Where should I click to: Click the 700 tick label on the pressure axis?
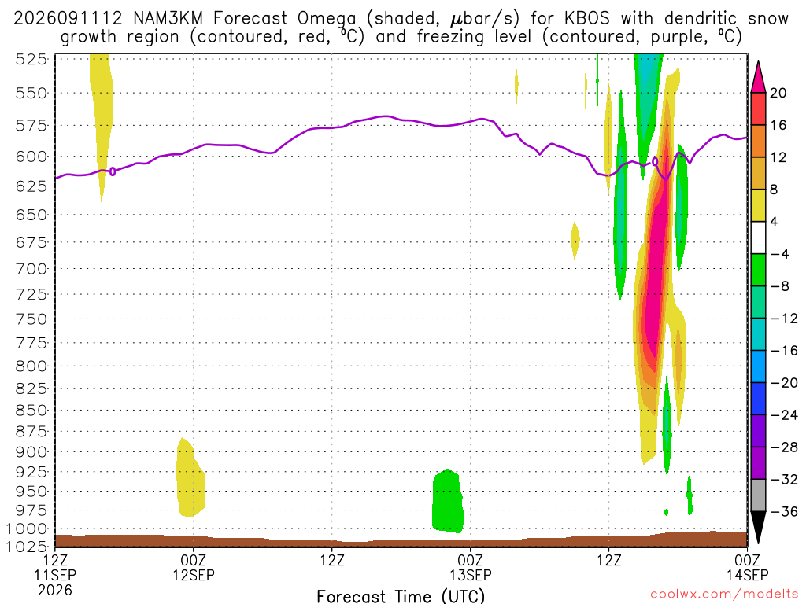[x=31, y=269]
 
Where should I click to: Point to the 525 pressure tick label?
[x=31, y=60]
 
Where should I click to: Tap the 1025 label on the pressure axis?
[x=27, y=546]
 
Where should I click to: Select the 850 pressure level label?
[x=31, y=411]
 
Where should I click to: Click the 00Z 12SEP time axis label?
[x=194, y=567]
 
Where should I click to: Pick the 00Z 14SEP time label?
[x=747, y=567]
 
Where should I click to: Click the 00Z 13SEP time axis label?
[x=471, y=567]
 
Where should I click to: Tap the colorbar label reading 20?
[x=778, y=93]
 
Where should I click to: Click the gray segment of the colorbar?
[x=758, y=495]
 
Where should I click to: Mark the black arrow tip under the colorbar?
[x=758, y=543]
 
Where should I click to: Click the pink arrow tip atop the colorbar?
[x=758, y=61]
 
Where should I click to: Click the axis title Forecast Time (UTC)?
[x=401, y=596]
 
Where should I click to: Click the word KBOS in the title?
[x=587, y=19]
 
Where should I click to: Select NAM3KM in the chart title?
[x=168, y=19]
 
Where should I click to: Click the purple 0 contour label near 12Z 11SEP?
[x=113, y=171]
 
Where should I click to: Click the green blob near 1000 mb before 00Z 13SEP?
[x=448, y=501]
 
